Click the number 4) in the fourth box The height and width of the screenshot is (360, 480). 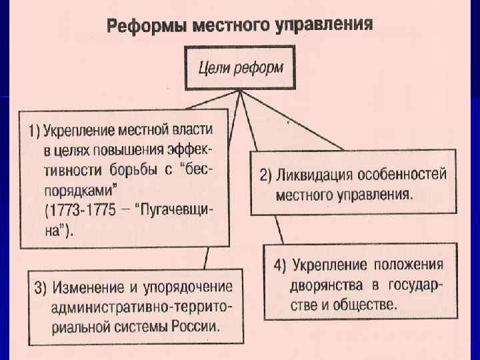tap(280, 263)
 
